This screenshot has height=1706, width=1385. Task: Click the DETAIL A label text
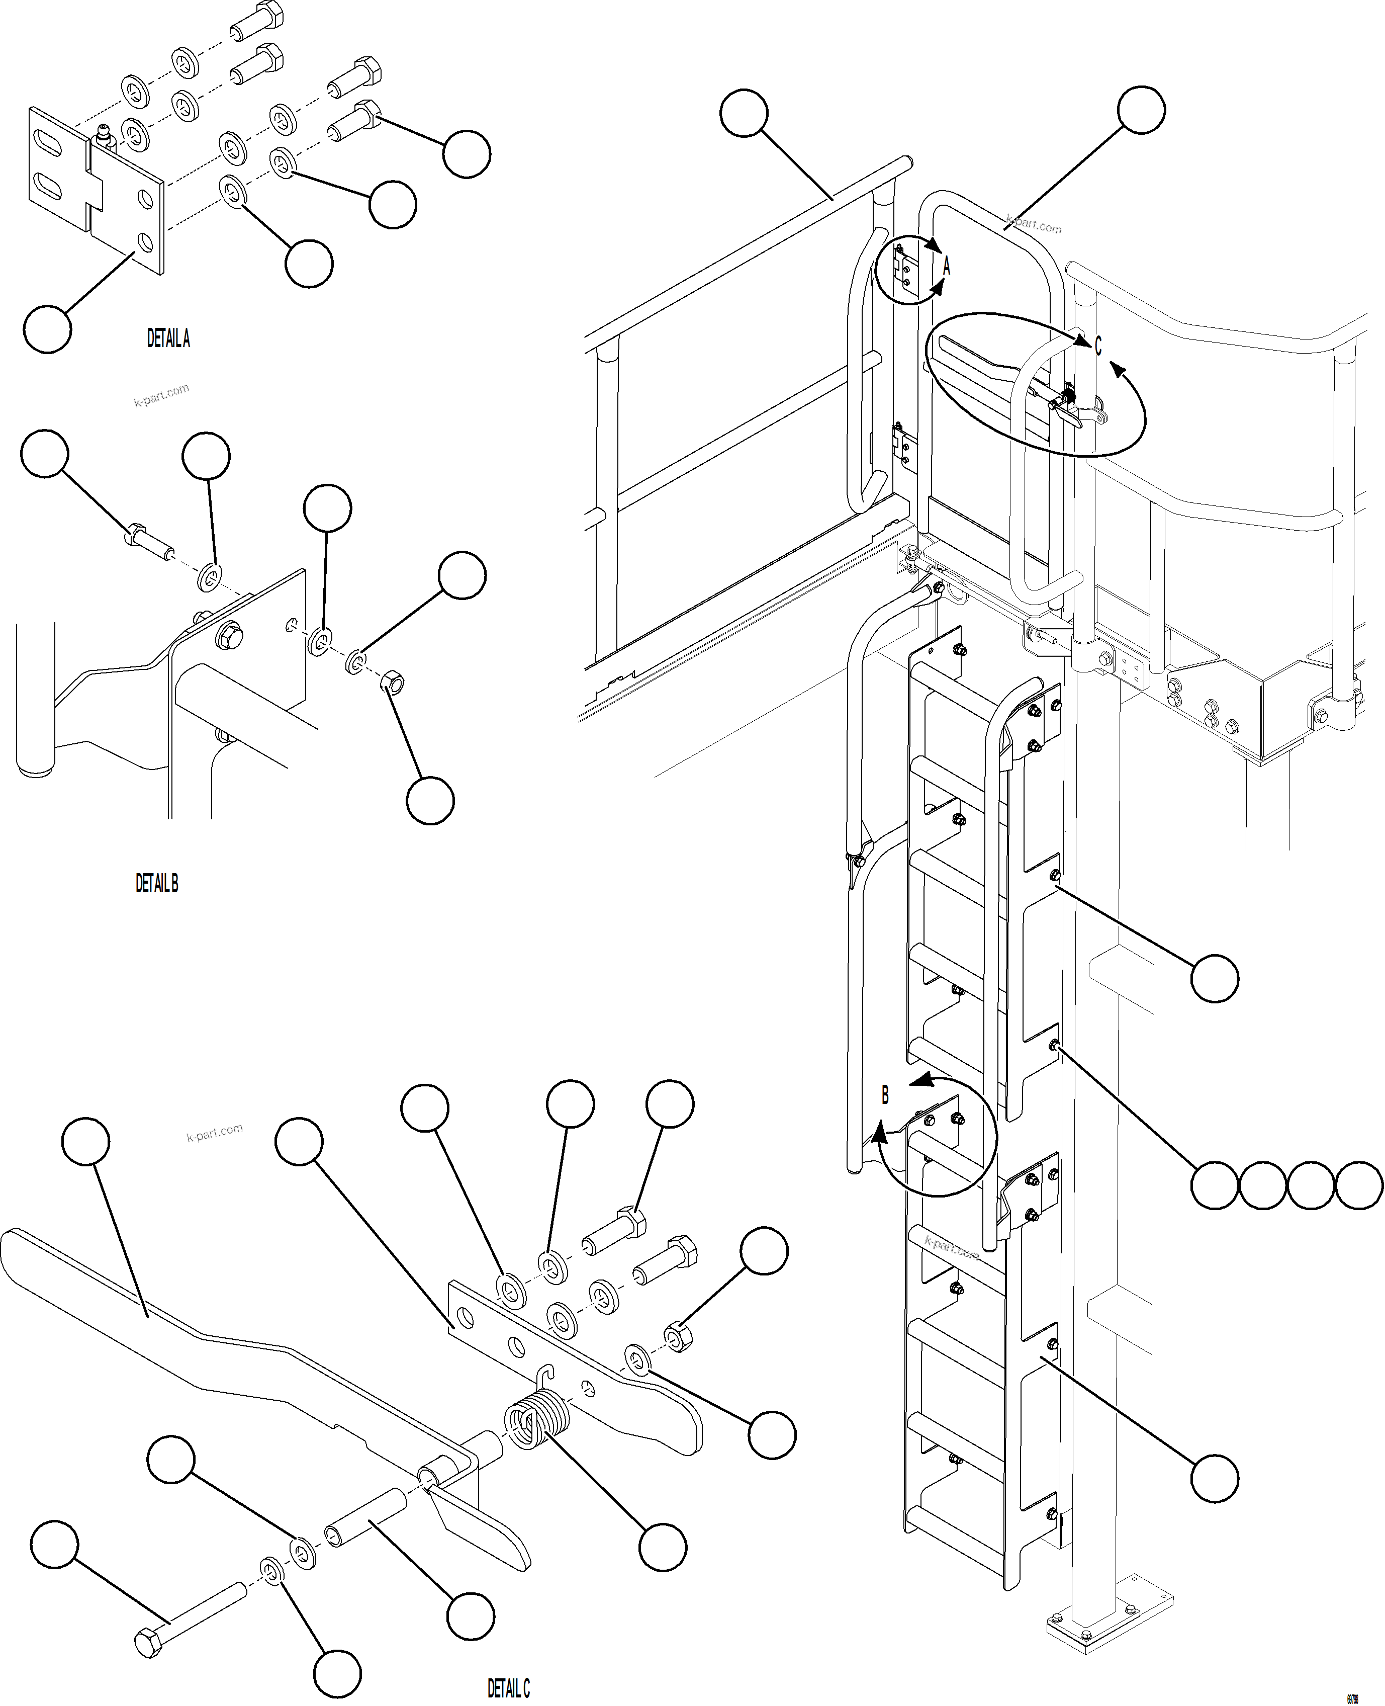[168, 338]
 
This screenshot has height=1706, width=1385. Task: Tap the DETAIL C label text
[508, 1688]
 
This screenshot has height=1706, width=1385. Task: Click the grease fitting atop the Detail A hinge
[104, 136]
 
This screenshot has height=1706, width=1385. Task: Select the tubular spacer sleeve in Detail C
[366, 1530]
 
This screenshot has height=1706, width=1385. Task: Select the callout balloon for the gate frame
[1141, 110]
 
